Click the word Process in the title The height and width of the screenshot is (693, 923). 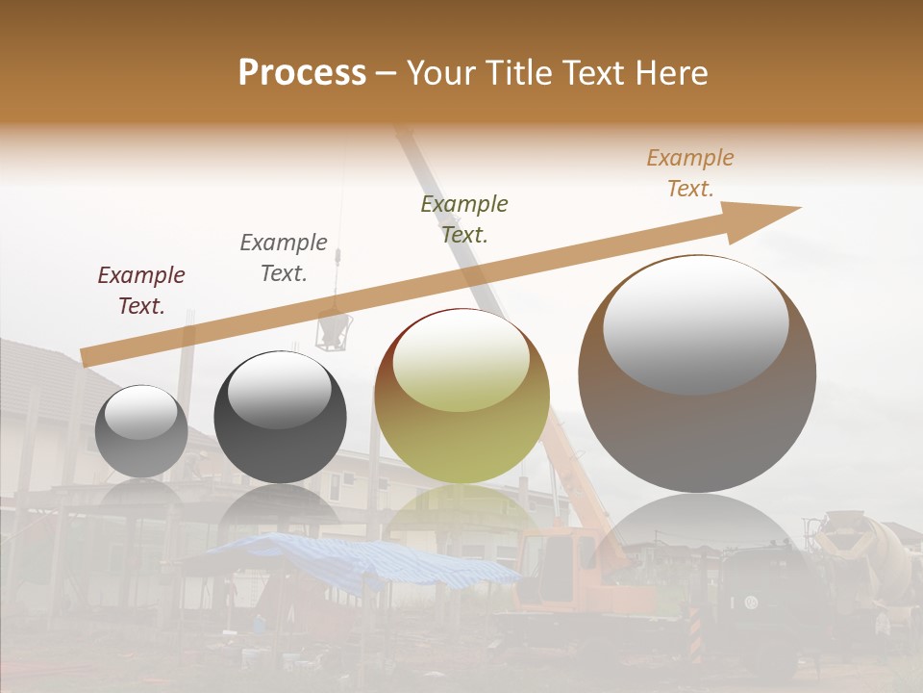(302, 73)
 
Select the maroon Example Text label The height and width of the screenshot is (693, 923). (141, 291)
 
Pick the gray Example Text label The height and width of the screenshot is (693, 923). (284, 258)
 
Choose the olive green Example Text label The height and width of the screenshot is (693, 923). (464, 219)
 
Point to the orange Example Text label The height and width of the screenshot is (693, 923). (690, 173)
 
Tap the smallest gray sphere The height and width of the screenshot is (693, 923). (141, 431)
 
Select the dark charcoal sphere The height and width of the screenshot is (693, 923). (280, 418)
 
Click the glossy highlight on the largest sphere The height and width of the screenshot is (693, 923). (696, 324)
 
